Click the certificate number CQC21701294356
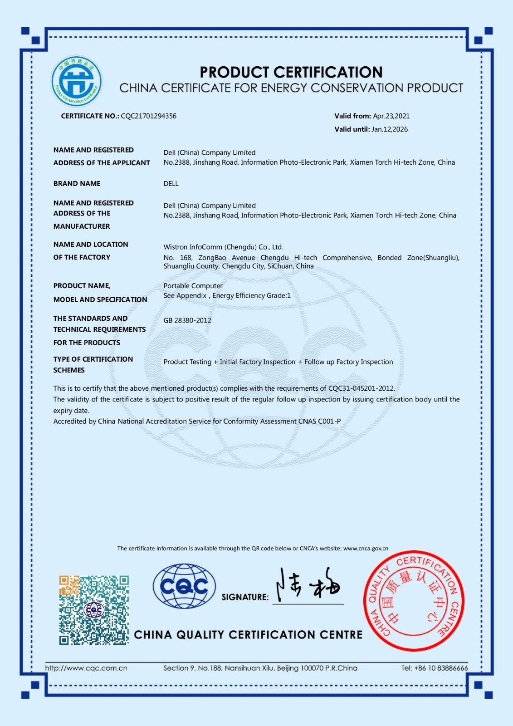point(148,116)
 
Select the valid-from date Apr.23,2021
point(391,116)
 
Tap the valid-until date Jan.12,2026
point(390,129)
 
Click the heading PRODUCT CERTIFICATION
point(291,72)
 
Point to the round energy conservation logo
point(77,82)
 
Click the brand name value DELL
point(171,184)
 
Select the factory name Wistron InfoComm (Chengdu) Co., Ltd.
point(223,247)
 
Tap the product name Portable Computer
point(193,286)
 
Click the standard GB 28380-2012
point(187,320)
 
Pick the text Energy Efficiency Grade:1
point(251,296)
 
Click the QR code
point(94,610)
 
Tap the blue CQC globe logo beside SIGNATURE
point(184,586)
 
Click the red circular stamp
point(413,601)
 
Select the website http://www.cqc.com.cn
point(86,668)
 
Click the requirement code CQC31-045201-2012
point(361,388)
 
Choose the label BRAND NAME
point(77,184)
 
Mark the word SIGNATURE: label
point(245,597)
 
